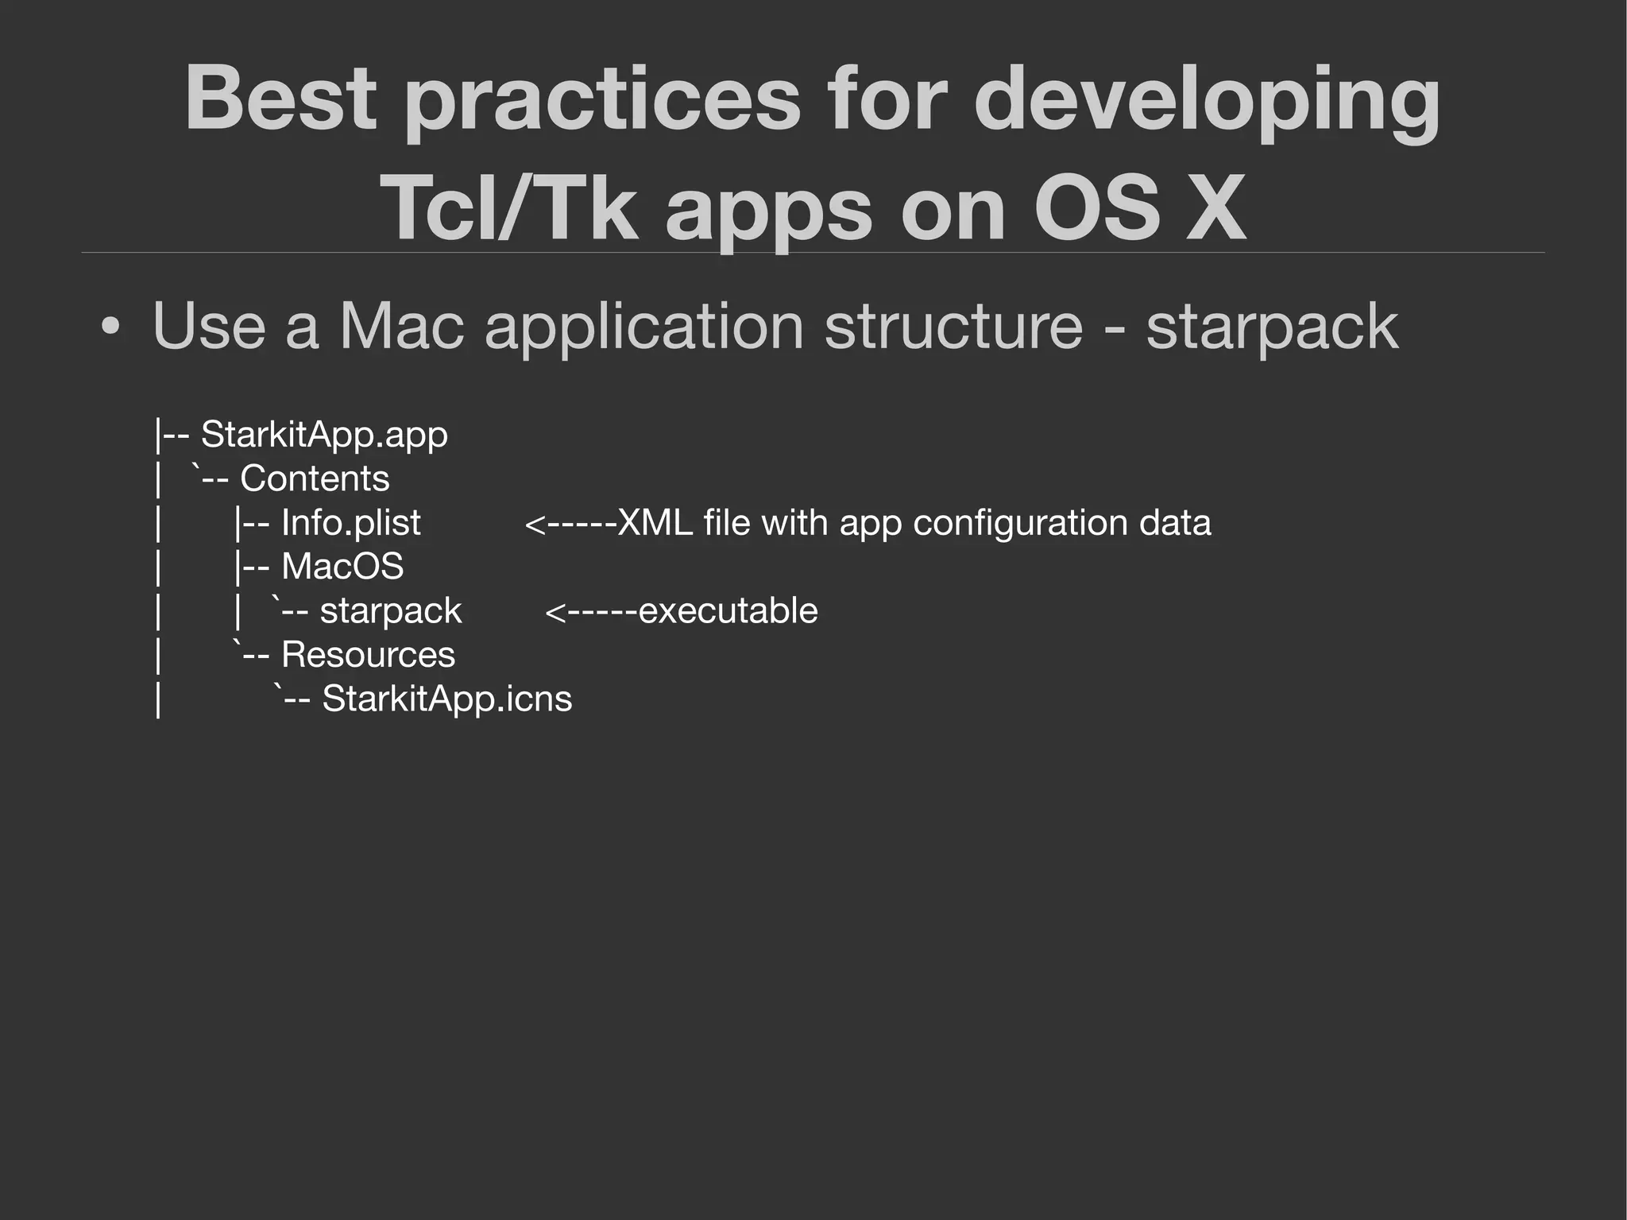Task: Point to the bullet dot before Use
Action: coord(111,327)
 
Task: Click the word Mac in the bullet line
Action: coord(401,326)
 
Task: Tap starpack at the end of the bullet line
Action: coord(1271,327)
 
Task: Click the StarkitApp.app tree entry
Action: coord(324,435)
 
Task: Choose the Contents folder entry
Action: coord(315,478)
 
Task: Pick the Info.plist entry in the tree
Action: coord(350,523)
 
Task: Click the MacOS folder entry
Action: coord(342,567)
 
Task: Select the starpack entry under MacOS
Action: coord(390,611)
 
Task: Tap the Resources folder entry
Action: coord(368,655)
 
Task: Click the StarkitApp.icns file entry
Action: coord(446,699)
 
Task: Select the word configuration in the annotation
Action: coord(1021,523)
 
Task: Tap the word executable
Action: coord(728,611)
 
